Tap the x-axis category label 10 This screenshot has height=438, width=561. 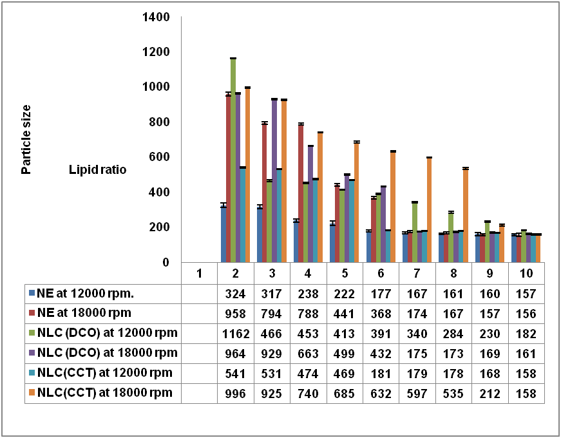(527, 273)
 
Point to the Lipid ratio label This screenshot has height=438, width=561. (98, 170)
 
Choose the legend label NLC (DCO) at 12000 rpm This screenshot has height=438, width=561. (107, 334)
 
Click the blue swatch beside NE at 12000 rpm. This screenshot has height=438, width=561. (32, 294)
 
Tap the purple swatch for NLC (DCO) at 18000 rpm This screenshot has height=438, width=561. (32, 354)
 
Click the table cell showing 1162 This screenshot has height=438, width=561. (236, 334)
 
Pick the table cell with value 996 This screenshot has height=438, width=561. (236, 393)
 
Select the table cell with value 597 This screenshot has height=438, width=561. (418, 393)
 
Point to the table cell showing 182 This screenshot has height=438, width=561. (527, 334)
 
